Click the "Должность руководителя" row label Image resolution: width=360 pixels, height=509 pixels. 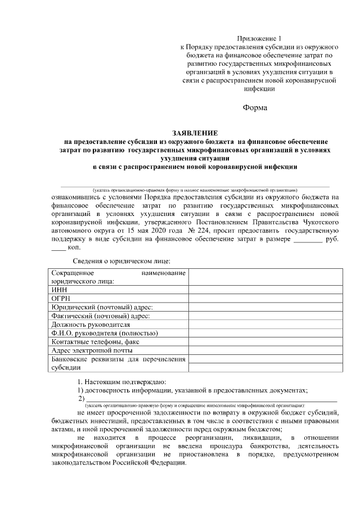[91, 325]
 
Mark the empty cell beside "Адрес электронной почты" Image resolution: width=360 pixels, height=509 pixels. [264, 350]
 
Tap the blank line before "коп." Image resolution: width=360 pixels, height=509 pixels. [58, 248]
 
